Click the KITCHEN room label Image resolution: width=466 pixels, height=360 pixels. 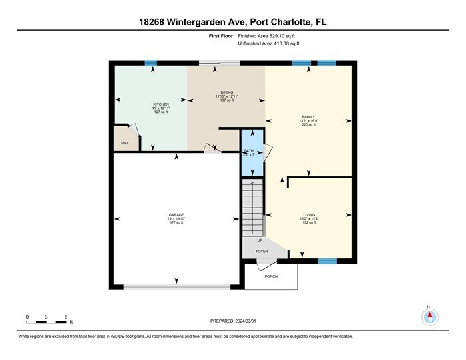pyautogui.click(x=161, y=105)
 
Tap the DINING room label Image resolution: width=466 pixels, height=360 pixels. pyautogui.click(x=226, y=92)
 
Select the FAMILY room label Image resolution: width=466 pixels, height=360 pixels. pyautogui.click(x=308, y=117)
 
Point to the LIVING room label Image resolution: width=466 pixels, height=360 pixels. pyautogui.click(x=308, y=214)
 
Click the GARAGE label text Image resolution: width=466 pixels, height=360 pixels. pyautogui.click(x=176, y=215)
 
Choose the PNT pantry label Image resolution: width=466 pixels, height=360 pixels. pyautogui.click(x=124, y=143)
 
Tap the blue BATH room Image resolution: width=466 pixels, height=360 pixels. pyautogui.click(x=250, y=152)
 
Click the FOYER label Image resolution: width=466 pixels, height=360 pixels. pyautogui.click(x=262, y=252)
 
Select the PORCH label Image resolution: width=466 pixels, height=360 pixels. pyautogui.click(x=271, y=277)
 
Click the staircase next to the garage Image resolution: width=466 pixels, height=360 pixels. pyautogui.click(x=253, y=207)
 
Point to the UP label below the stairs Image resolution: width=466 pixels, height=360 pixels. pyautogui.click(x=260, y=240)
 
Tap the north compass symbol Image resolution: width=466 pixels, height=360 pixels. pyautogui.click(x=429, y=317)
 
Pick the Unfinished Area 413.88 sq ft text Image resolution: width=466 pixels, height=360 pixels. pyautogui.click(x=269, y=43)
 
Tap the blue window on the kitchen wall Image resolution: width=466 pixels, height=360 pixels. pyautogui.click(x=151, y=63)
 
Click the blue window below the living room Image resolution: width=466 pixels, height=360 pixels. pyautogui.click(x=327, y=260)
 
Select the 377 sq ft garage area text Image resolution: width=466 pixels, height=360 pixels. pyautogui.click(x=176, y=223)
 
